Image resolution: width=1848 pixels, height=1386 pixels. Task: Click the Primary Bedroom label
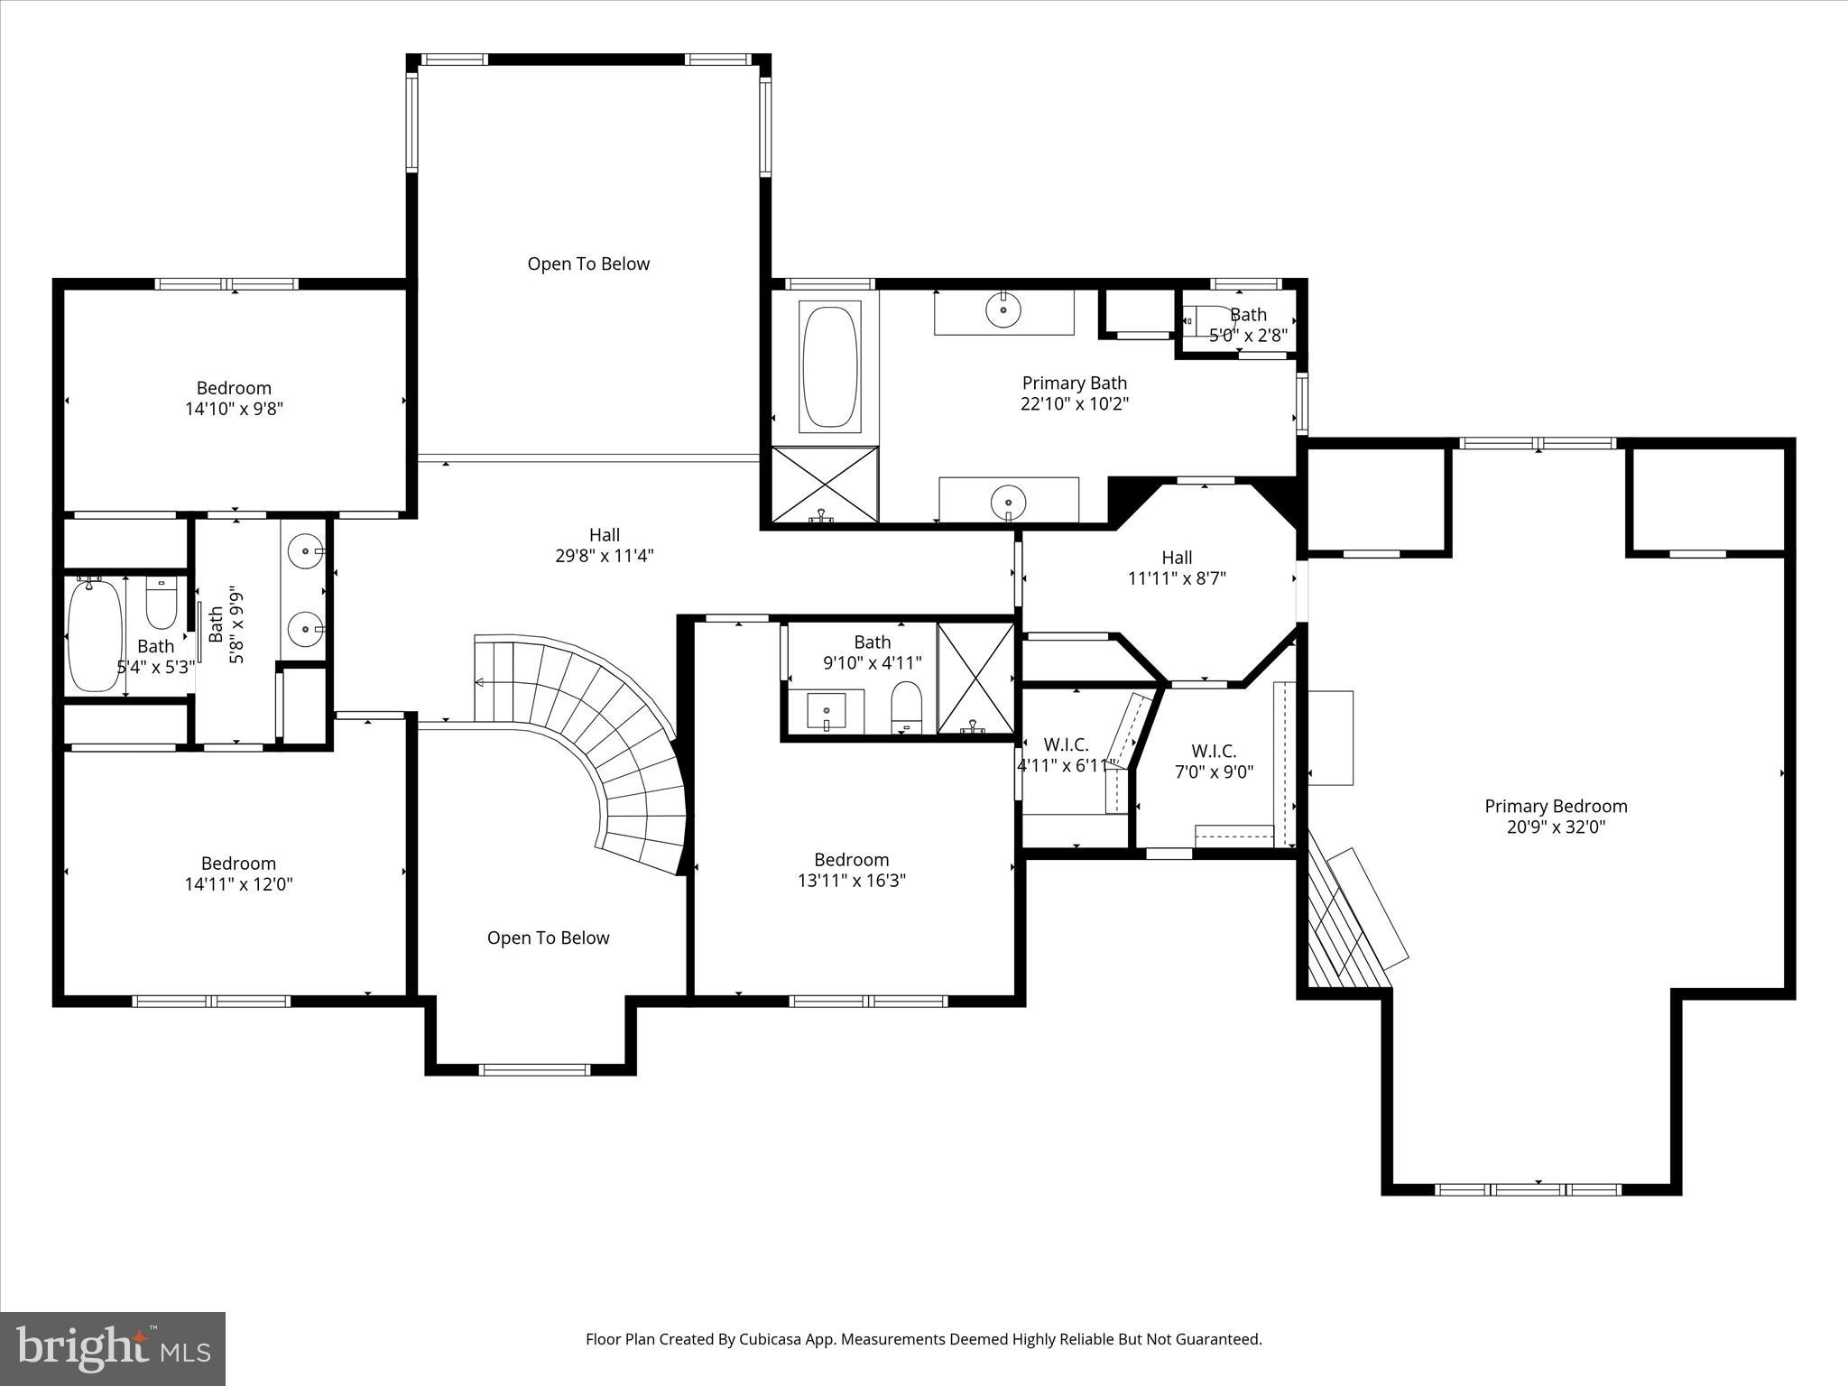pyautogui.click(x=1556, y=807)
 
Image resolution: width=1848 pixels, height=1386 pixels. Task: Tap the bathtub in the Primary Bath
pyautogui.click(x=829, y=366)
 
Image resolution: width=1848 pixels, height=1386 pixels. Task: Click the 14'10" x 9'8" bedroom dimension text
pyautogui.click(x=234, y=409)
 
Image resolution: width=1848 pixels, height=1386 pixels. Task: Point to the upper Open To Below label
pyautogui.click(x=588, y=263)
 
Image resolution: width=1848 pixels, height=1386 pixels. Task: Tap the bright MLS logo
pyautogui.click(x=113, y=1346)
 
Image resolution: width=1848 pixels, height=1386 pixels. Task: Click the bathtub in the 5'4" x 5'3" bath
pyautogui.click(x=95, y=635)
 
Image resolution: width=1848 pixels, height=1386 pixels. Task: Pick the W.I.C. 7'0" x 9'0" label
pyautogui.click(x=1214, y=762)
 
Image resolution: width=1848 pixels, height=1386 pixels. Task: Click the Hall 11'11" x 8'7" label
pyautogui.click(x=1177, y=568)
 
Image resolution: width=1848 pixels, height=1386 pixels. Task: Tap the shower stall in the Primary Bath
pyautogui.click(x=824, y=485)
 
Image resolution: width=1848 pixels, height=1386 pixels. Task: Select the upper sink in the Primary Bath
pyautogui.click(x=1003, y=310)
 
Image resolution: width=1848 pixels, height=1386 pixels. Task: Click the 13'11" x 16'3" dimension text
pyautogui.click(x=851, y=881)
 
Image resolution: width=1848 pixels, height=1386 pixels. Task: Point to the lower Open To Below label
pyautogui.click(x=548, y=938)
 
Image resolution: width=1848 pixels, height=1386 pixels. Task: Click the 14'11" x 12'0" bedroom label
pyautogui.click(x=238, y=873)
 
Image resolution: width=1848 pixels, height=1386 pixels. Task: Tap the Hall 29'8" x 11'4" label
pyautogui.click(x=604, y=545)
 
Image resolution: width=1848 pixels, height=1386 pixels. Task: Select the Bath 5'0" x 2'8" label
pyautogui.click(x=1248, y=325)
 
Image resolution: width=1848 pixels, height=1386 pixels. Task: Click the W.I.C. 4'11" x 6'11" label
pyautogui.click(x=1067, y=755)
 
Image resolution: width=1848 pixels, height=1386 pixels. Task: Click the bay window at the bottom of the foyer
pyautogui.click(x=534, y=1070)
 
